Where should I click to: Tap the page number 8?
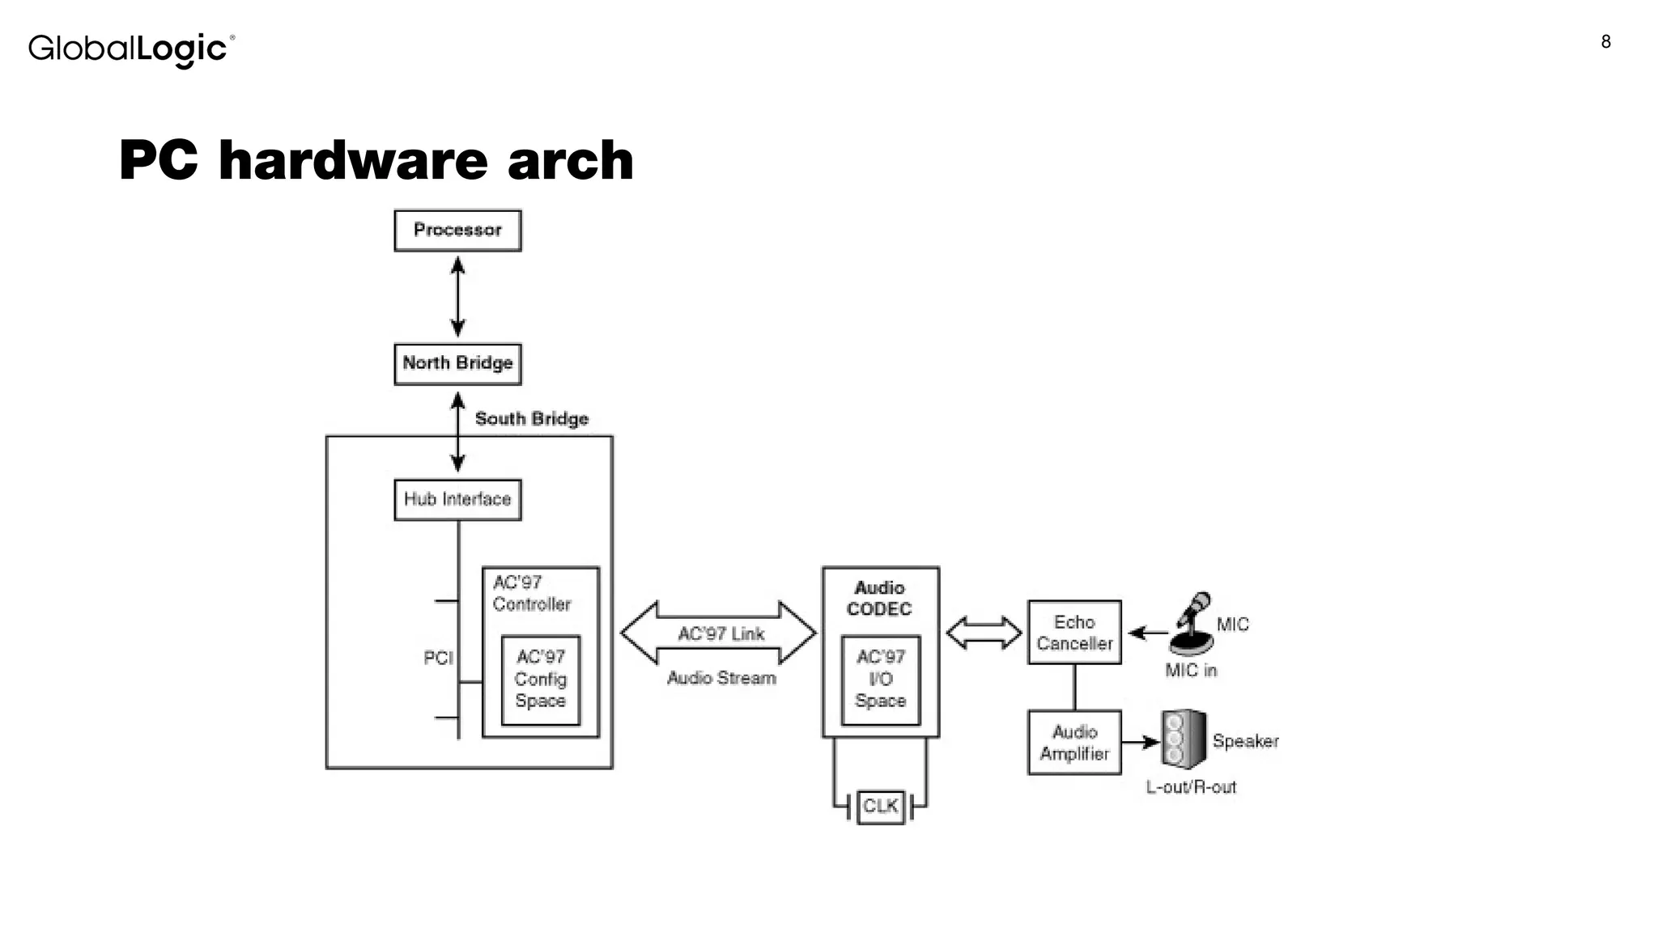click(1605, 42)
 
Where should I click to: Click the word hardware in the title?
click(352, 160)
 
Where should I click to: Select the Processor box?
click(457, 231)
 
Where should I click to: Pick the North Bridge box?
click(457, 363)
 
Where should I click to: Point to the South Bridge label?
click(531, 418)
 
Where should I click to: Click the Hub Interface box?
click(457, 499)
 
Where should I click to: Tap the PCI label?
click(438, 658)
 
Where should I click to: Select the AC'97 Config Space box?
click(540, 680)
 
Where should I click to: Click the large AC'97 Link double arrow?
click(719, 633)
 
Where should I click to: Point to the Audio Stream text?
click(721, 678)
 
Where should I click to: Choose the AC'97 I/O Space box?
click(880, 680)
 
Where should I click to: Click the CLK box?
click(880, 806)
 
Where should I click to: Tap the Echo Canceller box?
click(1074, 633)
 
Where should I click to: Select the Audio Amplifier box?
click(1074, 743)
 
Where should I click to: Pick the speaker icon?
click(1183, 739)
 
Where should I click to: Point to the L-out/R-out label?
click(1191, 786)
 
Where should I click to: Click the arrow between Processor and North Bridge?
click(457, 297)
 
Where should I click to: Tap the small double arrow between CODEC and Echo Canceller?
click(984, 633)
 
